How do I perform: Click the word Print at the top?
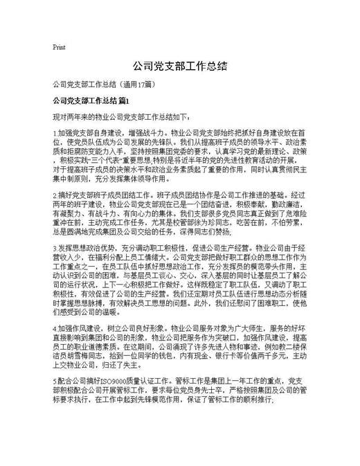coord(59,47)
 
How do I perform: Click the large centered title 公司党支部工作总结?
coord(179,66)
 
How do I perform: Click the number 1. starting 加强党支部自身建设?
coord(55,131)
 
